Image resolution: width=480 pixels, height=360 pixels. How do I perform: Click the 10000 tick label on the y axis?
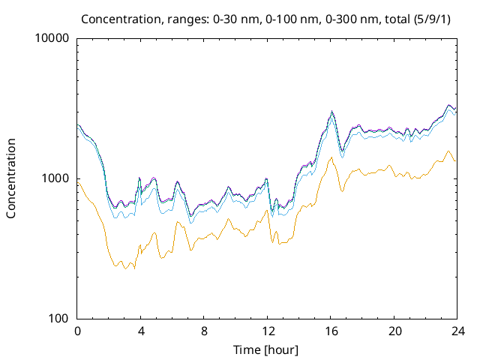(52, 38)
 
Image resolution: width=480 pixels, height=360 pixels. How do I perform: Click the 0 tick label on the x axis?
(77, 331)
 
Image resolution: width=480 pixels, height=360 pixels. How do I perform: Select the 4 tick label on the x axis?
(141, 331)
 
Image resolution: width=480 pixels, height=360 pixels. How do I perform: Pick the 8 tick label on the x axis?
(204, 331)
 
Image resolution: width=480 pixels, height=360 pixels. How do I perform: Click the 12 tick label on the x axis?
(268, 331)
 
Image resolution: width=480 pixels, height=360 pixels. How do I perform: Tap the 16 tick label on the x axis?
(331, 331)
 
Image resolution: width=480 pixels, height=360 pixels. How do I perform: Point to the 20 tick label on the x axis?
(394, 331)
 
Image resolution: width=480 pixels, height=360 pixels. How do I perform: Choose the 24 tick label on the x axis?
(457, 331)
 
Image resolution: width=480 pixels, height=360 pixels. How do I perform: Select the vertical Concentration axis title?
(11, 178)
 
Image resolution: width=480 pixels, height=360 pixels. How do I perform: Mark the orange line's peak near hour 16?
(331, 157)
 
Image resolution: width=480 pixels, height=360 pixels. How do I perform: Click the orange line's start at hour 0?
(78, 182)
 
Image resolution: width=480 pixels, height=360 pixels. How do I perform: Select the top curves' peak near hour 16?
(332, 112)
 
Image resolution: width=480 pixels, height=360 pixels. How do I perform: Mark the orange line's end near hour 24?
(455, 161)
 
